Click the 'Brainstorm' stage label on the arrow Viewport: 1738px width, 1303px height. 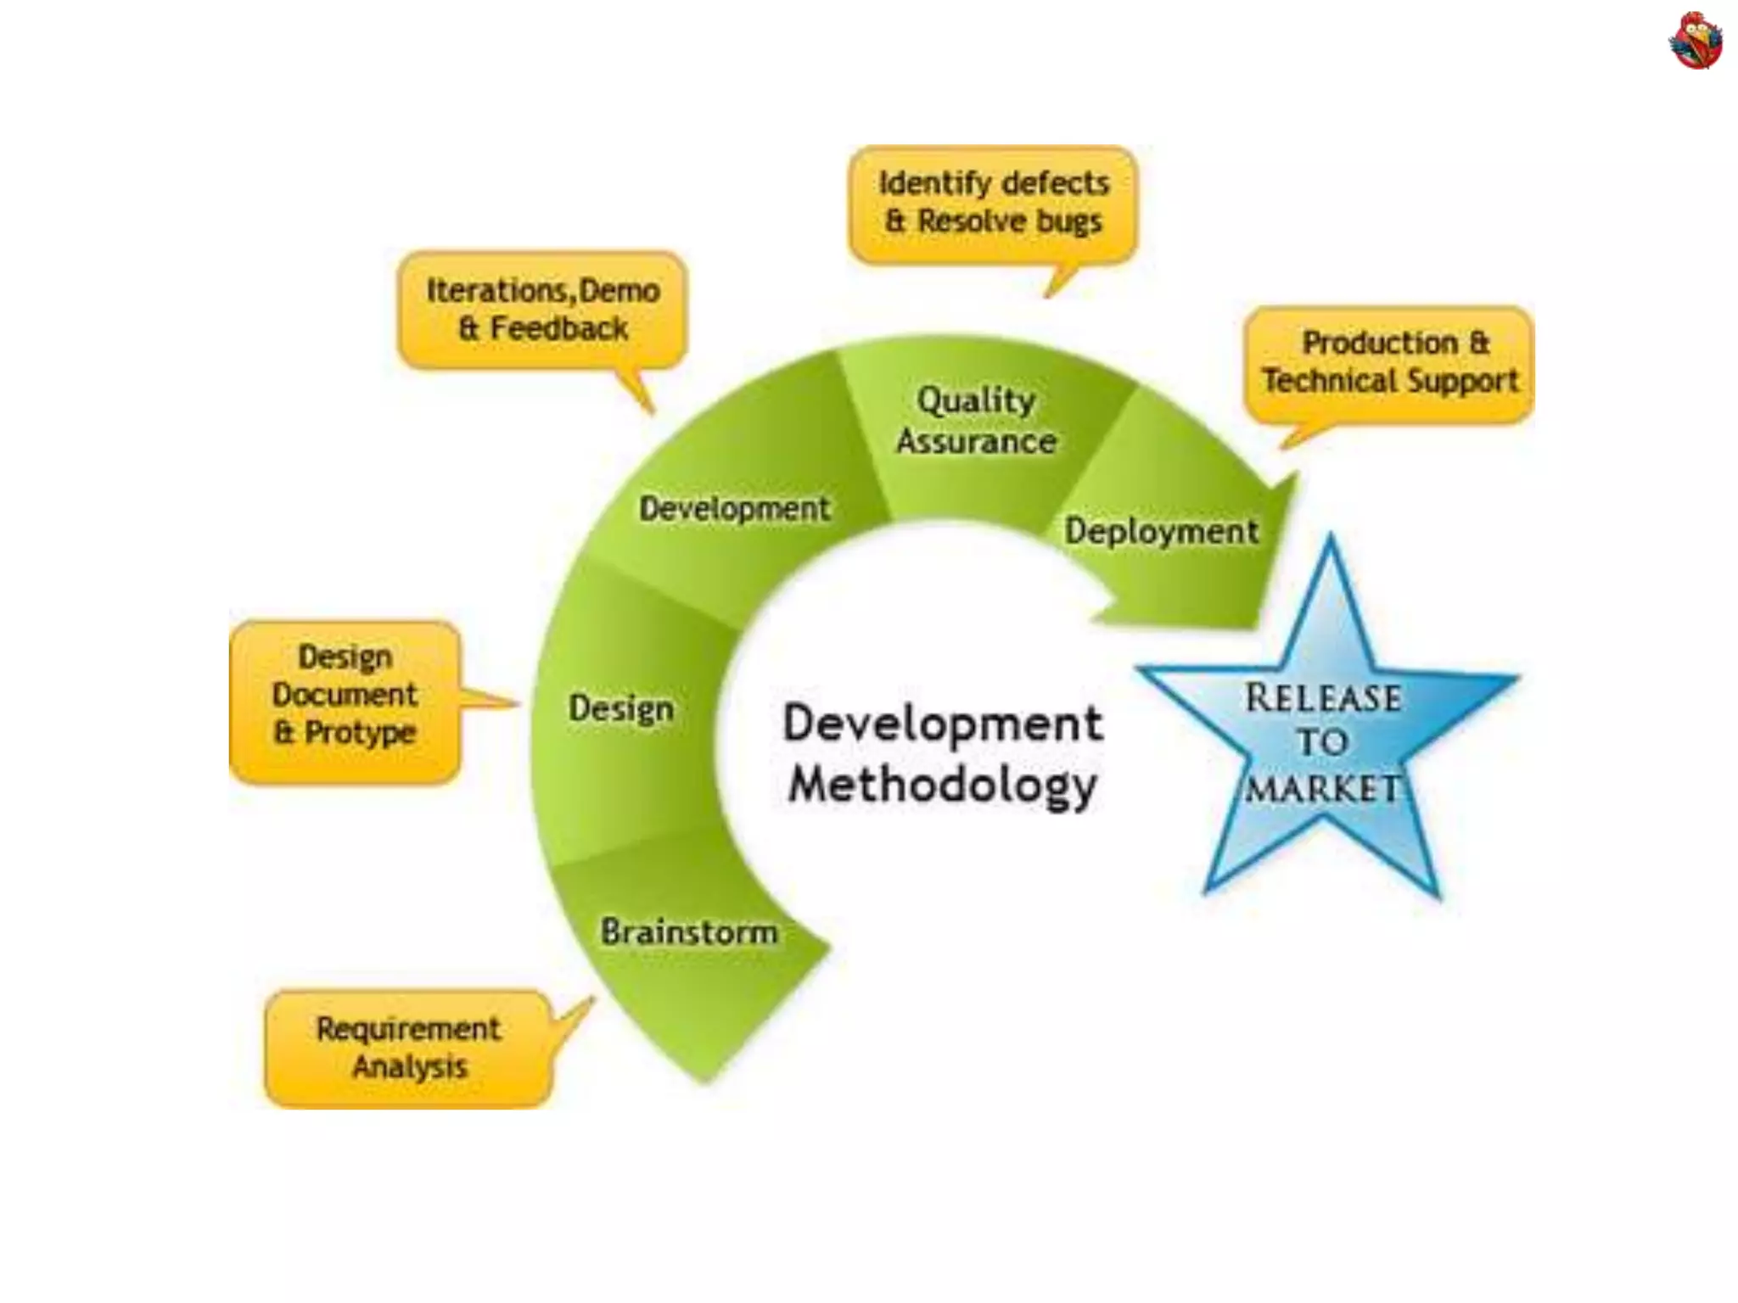(689, 932)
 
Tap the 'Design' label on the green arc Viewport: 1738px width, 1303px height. (621, 709)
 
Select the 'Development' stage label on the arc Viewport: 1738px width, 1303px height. (735, 509)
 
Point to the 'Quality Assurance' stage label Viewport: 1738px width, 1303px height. (977, 421)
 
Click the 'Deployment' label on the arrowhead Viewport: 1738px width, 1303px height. (1162, 532)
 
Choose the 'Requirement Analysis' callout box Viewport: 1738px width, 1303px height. (409, 1049)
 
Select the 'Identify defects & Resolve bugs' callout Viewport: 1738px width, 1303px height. (993, 204)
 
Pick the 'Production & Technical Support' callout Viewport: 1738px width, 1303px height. (1389, 363)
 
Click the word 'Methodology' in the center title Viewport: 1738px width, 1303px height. (942, 786)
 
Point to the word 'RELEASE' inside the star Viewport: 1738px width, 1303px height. (1323, 698)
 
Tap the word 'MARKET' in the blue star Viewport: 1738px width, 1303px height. (1321, 790)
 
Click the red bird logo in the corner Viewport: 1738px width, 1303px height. (1695, 40)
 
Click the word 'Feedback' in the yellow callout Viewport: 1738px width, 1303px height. (559, 329)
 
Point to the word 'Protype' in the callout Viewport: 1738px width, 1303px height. (361, 733)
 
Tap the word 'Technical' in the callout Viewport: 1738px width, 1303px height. (1324, 382)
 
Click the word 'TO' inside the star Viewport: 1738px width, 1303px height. (1322, 743)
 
